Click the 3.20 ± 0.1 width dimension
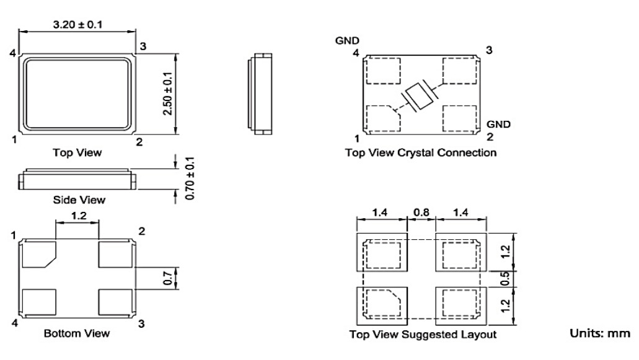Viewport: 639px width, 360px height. [77, 25]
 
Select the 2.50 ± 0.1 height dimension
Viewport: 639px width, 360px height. [167, 94]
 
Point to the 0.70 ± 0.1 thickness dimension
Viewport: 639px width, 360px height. [190, 178]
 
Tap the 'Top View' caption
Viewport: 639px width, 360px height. [77, 152]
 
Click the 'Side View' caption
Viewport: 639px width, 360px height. [79, 200]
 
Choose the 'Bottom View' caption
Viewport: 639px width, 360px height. [77, 333]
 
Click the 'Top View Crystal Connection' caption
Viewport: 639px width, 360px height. [421, 152]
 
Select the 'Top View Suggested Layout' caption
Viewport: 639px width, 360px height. [423, 335]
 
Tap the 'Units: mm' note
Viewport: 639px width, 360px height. [600, 333]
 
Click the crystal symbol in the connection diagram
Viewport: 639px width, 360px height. [420, 96]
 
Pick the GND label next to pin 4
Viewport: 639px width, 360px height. [347, 41]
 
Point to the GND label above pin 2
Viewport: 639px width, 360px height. [498, 124]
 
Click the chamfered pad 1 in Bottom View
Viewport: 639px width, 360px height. [38, 255]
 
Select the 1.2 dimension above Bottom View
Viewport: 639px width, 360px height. [79, 216]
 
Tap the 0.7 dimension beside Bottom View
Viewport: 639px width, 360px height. [168, 278]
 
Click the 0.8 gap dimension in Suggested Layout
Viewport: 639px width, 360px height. [421, 213]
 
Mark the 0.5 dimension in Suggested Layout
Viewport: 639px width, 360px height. [505, 279]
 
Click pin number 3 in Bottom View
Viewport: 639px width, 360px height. [141, 324]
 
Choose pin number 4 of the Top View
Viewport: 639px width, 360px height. [13, 53]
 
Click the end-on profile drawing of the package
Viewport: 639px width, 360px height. [260, 94]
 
